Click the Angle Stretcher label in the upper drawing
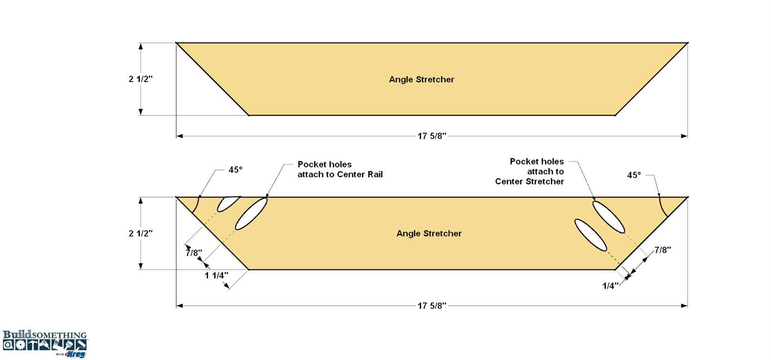[x=421, y=80]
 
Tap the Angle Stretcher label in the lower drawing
[x=429, y=234]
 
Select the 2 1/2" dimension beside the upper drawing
[x=140, y=79]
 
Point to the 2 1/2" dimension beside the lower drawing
[x=140, y=234]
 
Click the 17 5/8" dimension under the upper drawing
[x=432, y=136]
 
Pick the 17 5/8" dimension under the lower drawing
[x=432, y=306]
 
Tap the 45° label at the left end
[x=235, y=170]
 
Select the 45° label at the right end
[x=634, y=175]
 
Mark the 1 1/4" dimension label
[x=216, y=275]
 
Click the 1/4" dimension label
[x=610, y=286]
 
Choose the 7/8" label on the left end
[x=194, y=253]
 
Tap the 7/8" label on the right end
[x=663, y=250]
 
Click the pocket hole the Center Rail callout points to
[x=251, y=214]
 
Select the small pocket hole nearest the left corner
[x=228, y=204]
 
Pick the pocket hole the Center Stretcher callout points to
[x=608, y=217]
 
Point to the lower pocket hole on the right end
[x=591, y=235]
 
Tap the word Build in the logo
[x=17, y=334]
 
